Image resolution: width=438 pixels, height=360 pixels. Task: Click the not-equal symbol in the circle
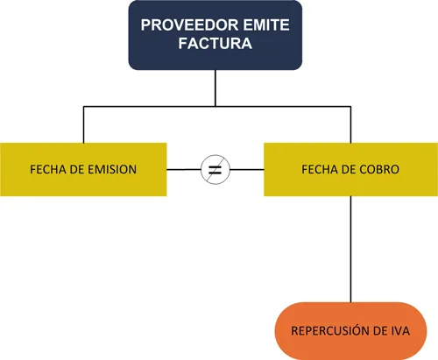pos(215,168)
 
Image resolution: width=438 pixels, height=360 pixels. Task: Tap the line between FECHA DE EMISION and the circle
pos(183,168)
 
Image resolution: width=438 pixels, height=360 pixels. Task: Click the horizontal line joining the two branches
pos(149,108)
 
